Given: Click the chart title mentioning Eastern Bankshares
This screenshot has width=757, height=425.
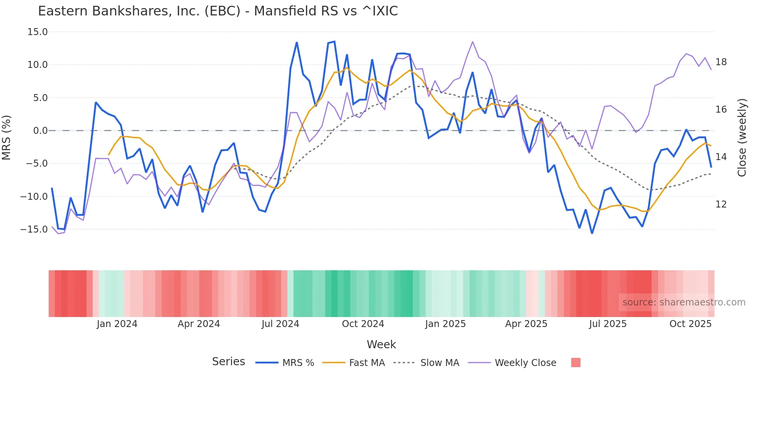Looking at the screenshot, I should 218,11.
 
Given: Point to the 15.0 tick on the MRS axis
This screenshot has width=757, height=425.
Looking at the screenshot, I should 37,32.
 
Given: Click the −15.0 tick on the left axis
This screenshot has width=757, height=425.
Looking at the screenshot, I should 34,229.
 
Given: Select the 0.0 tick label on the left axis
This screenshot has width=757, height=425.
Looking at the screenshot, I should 40,131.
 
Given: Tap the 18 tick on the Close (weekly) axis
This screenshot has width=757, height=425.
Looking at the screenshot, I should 721,62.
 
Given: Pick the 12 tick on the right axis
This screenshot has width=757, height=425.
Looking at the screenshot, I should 721,204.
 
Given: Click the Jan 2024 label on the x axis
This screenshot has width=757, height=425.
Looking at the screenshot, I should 117,324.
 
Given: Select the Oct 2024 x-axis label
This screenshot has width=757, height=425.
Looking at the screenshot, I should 363,324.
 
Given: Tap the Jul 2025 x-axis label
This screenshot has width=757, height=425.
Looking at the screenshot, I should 608,324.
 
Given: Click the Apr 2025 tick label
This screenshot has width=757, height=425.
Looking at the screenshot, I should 526,324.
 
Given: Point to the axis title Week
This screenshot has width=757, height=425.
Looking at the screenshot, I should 381,344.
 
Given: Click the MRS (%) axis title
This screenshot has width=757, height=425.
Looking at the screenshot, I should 7,137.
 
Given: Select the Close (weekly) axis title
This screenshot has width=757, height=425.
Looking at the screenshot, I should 742,138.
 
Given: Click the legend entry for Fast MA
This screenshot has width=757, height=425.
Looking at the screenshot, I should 367,363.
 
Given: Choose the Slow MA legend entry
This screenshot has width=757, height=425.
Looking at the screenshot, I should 440,363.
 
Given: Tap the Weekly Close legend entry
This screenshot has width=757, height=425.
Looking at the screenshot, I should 525,363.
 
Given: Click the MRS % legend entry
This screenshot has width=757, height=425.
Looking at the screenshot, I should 298,363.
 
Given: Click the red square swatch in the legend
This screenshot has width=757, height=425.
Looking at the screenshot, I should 575,363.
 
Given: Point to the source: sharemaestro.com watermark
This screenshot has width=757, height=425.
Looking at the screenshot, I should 684,302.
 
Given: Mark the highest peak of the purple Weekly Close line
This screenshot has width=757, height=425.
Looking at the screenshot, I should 472,42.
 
